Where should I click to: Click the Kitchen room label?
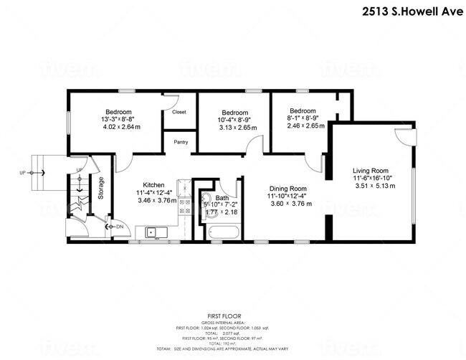(154, 184)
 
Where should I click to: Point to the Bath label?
(222, 197)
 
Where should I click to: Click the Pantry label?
(180, 142)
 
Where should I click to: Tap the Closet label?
(179, 112)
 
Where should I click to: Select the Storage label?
(101, 189)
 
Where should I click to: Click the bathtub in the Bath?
(223, 232)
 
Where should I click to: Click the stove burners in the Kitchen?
(184, 207)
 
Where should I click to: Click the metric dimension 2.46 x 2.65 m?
(305, 125)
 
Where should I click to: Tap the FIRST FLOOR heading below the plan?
(224, 315)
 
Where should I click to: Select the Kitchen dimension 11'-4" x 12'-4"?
(154, 192)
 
